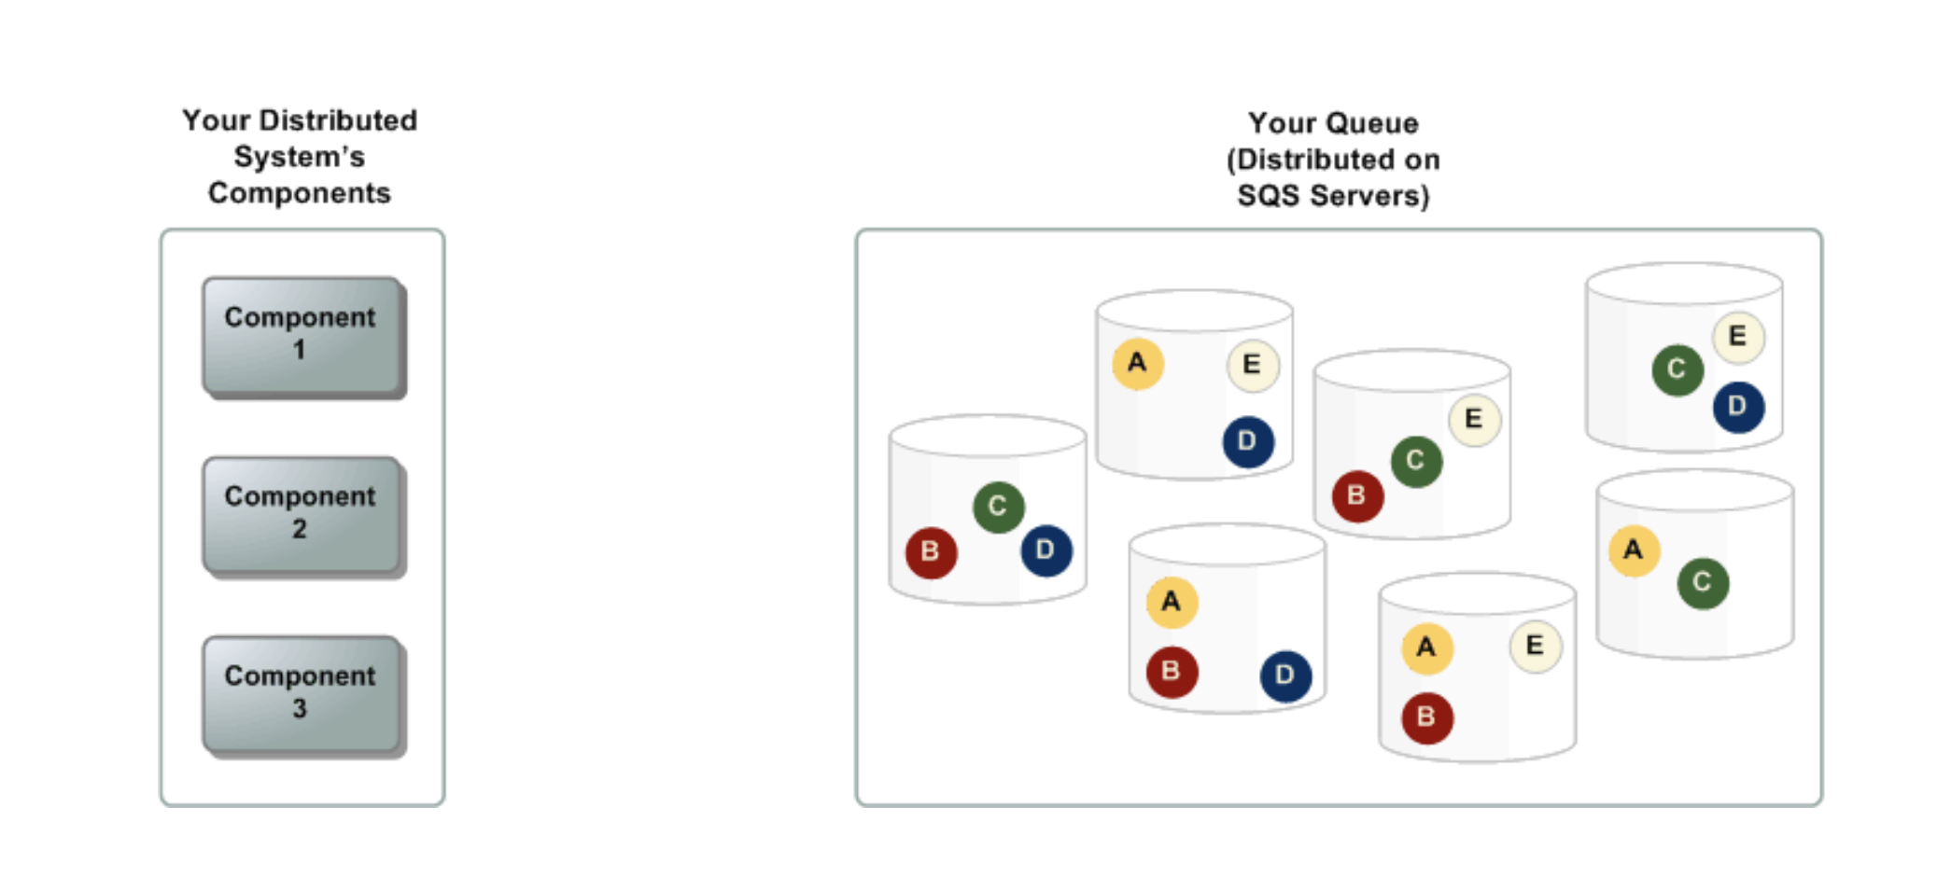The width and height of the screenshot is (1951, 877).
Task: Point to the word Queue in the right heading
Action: pyautogui.click(x=1375, y=123)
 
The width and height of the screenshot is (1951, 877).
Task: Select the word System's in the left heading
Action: pyautogui.click(x=299, y=157)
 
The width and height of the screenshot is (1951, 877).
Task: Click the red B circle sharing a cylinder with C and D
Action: pyautogui.click(x=931, y=552)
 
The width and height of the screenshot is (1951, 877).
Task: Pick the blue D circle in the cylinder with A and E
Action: pyautogui.click(x=1248, y=441)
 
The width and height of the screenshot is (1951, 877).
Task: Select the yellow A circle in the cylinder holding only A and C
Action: pyautogui.click(x=1634, y=550)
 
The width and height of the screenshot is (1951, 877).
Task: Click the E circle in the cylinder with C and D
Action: pyautogui.click(x=1737, y=336)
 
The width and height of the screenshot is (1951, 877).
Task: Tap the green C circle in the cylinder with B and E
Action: pyautogui.click(x=1416, y=461)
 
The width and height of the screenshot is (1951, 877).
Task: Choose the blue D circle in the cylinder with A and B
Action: pyautogui.click(x=1285, y=675)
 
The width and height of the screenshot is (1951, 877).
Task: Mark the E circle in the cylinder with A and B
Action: pyautogui.click(x=1535, y=646)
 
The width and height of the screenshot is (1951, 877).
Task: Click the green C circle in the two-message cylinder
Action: pyautogui.click(x=1703, y=583)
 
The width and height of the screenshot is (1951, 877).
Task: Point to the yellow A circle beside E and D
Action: pyautogui.click(x=1137, y=363)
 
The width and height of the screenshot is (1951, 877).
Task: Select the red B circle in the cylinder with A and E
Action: pyautogui.click(x=1426, y=717)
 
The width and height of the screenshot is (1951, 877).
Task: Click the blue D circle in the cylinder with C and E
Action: pyautogui.click(x=1737, y=407)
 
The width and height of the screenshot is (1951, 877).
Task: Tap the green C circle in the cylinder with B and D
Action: pyautogui.click(x=998, y=507)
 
